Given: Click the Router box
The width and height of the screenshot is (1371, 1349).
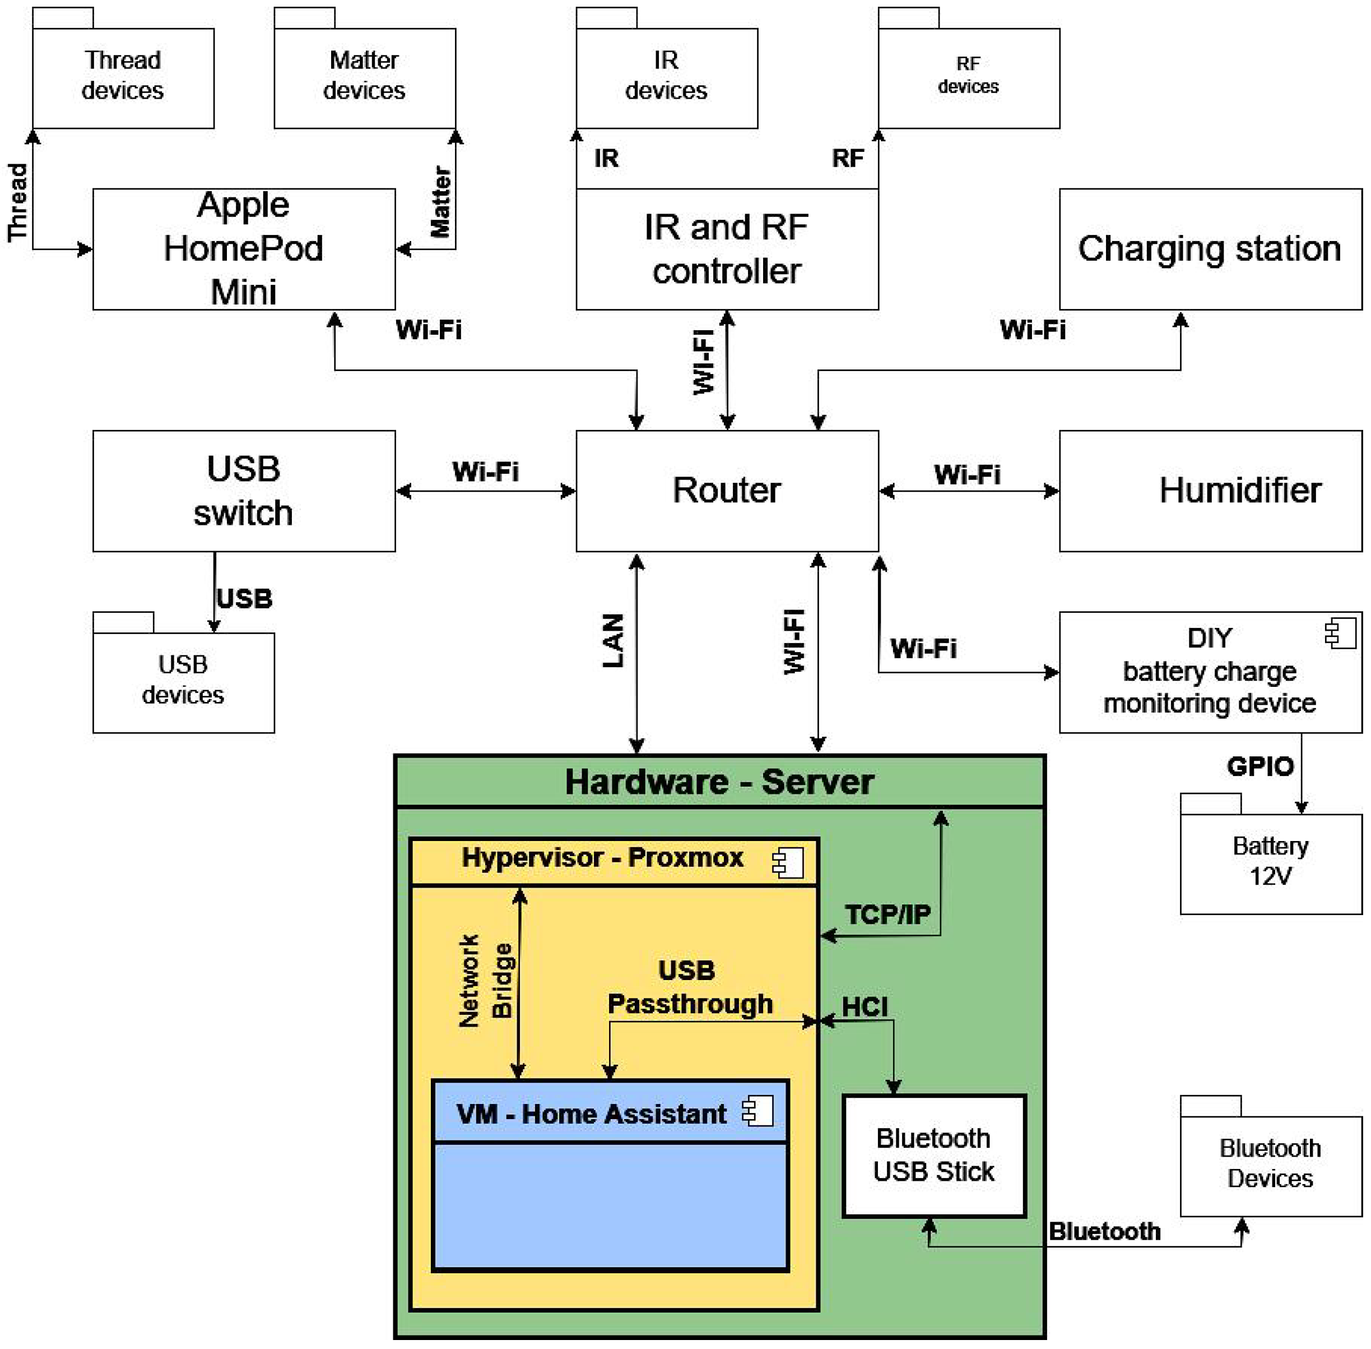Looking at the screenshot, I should point(727,490).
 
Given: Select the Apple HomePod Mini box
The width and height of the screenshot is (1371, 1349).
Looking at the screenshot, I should point(244,249).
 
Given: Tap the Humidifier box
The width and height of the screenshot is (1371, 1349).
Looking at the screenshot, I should point(1210,490).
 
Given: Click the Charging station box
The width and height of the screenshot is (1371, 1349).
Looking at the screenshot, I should point(1210,249).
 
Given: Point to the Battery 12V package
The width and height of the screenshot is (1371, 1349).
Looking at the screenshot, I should point(1271,862).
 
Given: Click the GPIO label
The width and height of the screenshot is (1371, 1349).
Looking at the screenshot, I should point(1260,766).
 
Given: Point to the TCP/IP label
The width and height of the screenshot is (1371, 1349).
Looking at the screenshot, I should point(887,914).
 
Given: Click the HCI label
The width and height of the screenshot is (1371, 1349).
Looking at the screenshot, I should point(865,1007).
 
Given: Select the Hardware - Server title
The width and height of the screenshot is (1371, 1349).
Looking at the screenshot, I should point(719,782).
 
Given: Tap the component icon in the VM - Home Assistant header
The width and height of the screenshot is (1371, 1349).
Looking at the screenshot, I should point(757,1112).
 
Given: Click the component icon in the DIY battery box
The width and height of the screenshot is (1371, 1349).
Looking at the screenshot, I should point(1340,632).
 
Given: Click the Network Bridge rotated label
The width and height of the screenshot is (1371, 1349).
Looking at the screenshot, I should point(485,981).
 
